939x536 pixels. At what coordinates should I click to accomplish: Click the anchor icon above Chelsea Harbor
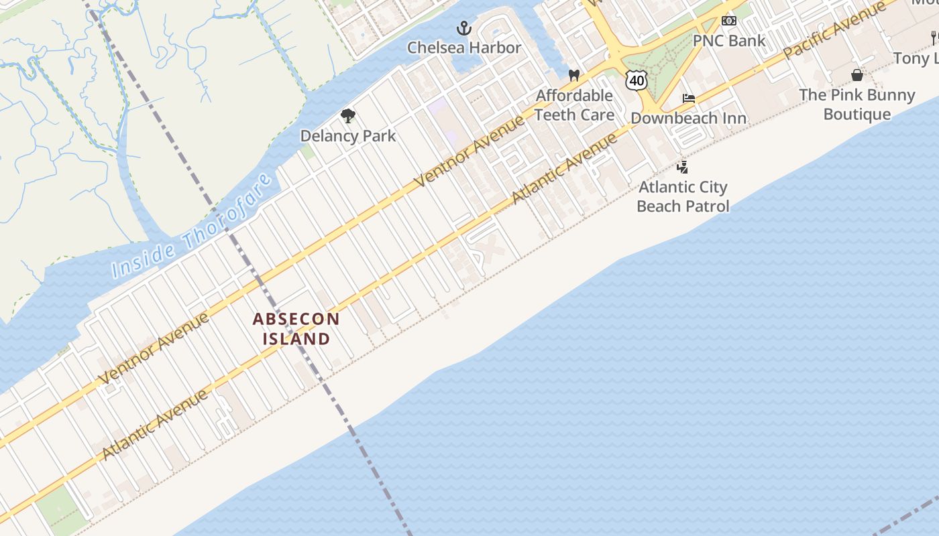pyautogui.click(x=464, y=28)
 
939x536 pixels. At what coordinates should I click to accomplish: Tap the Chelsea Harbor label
pyautogui.click(x=464, y=48)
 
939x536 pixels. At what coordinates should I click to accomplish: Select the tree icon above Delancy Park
pyautogui.click(x=347, y=117)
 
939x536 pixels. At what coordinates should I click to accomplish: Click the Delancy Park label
pyautogui.click(x=347, y=136)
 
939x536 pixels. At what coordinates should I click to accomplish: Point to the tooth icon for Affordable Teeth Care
pyautogui.click(x=573, y=76)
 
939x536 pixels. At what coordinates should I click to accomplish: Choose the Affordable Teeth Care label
pyautogui.click(x=574, y=105)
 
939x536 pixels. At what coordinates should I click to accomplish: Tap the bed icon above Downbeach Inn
pyautogui.click(x=688, y=99)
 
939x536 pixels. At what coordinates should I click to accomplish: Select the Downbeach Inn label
pyautogui.click(x=688, y=119)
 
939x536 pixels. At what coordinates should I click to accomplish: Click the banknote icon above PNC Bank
pyautogui.click(x=728, y=21)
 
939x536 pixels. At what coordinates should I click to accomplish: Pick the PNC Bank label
pyautogui.click(x=728, y=40)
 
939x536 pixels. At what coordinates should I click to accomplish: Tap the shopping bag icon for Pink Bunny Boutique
pyautogui.click(x=857, y=75)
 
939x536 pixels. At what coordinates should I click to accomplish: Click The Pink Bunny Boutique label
pyautogui.click(x=857, y=105)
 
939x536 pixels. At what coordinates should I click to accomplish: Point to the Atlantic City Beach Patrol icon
pyautogui.click(x=682, y=167)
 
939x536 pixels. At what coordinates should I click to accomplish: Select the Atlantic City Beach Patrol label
pyautogui.click(x=683, y=196)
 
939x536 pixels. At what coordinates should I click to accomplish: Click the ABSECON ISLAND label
pyautogui.click(x=296, y=329)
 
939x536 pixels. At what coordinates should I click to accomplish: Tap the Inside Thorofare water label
pyautogui.click(x=192, y=226)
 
